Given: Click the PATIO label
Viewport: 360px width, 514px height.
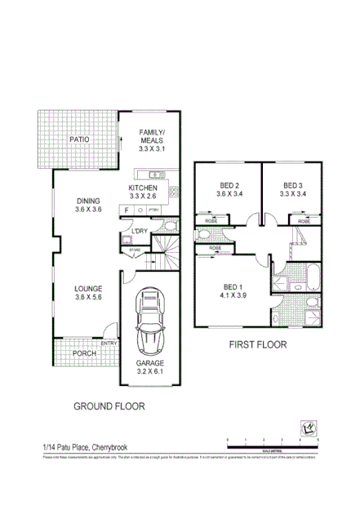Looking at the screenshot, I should pyautogui.click(x=78, y=140).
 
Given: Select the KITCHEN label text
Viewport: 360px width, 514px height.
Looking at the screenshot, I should pyautogui.click(x=142, y=191).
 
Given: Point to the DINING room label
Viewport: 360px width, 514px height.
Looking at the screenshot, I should pyautogui.click(x=89, y=205).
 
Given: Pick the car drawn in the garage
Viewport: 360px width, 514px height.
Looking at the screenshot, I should pyautogui.click(x=149, y=318).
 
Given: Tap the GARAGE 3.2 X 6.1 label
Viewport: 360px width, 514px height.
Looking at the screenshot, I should pyautogui.click(x=149, y=367).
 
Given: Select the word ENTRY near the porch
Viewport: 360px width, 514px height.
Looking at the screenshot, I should pyautogui.click(x=109, y=343).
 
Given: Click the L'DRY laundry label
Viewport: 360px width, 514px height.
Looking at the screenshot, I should pyautogui.click(x=139, y=231).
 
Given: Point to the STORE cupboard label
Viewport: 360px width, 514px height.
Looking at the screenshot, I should pyautogui.click(x=135, y=250).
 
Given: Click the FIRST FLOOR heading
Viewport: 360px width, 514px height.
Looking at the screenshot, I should pyautogui.click(x=258, y=345).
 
